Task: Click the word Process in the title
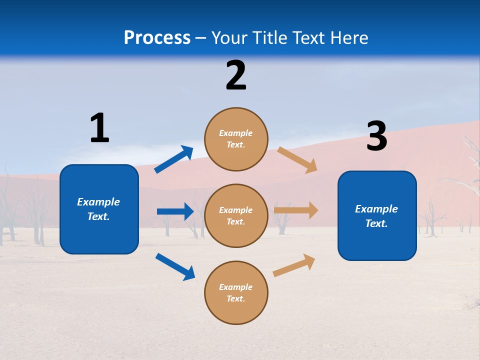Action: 157,38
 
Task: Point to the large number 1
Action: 99,128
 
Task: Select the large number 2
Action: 236,75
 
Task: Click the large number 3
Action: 376,136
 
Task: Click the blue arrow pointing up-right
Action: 173,159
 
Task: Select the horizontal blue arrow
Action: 175,211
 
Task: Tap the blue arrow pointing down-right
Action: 175,266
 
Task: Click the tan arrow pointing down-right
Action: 297,159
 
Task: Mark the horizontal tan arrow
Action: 296,210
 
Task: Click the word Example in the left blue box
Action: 98,202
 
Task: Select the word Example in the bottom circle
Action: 236,287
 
